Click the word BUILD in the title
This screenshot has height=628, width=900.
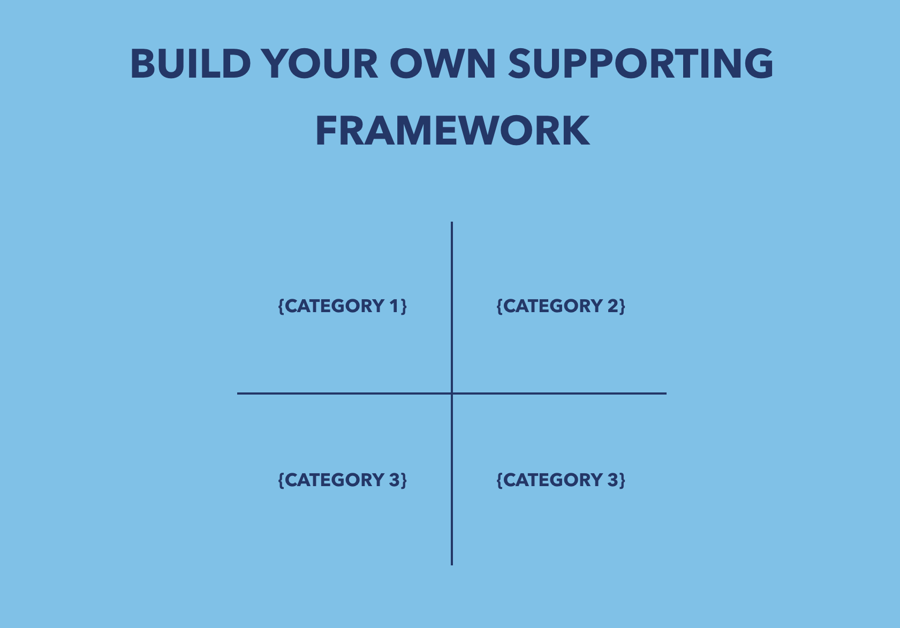tap(191, 64)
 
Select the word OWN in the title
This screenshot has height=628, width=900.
tap(446, 64)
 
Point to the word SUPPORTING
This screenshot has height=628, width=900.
tap(640, 64)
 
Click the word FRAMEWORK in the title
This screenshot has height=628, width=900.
tap(452, 131)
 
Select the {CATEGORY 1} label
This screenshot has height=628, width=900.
tap(343, 306)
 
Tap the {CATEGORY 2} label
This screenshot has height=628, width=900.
tap(561, 306)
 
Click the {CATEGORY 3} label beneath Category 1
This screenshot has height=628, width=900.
tap(343, 480)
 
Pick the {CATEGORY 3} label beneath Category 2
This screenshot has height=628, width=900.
tap(561, 480)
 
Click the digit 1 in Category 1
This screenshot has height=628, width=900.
tap(394, 306)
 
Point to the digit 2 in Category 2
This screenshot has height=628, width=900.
tap(612, 306)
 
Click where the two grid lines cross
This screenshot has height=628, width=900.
tap(452, 394)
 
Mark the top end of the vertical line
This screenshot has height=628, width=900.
tap(452, 223)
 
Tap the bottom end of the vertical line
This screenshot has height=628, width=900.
tap(452, 564)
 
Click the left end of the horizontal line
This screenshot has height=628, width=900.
tap(239, 394)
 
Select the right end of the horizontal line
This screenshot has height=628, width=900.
tap(665, 394)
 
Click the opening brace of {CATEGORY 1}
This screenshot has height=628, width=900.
tap(281, 306)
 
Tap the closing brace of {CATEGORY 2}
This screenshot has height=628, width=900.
tap(622, 306)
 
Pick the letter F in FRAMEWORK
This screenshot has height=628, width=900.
tap(326, 131)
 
